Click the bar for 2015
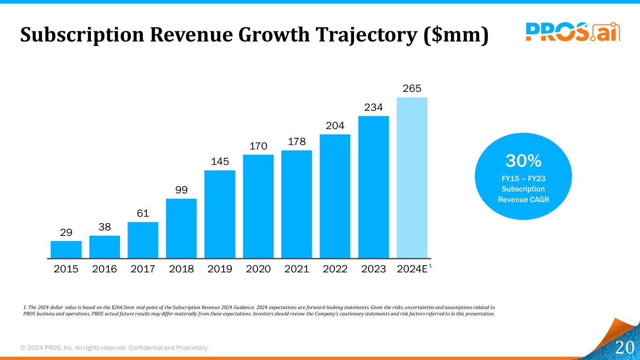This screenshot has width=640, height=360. [66, 249]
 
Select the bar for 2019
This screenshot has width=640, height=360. [220, 214]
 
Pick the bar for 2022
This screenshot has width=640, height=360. [335, 196]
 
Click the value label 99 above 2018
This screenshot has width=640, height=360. [181, 190]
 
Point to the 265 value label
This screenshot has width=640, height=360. [412, 89]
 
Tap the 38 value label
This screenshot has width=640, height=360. [105, 227]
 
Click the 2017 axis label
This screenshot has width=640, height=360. [143, 269]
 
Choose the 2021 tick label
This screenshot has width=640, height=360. [297, 269]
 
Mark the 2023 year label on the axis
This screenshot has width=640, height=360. [374, 269]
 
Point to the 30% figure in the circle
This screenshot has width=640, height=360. [523, 161]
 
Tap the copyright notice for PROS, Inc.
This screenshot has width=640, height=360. [114, 348]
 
